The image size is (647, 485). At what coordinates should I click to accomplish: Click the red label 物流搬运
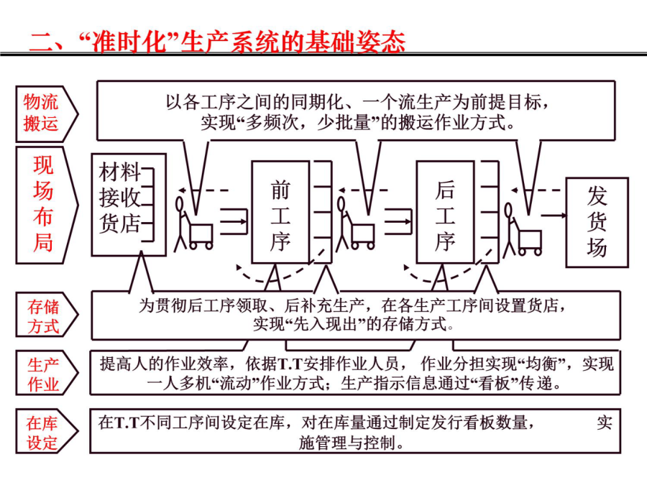[40, 113]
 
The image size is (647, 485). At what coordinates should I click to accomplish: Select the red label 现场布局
[43, 204]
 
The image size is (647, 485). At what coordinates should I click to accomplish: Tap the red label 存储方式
[43, 316]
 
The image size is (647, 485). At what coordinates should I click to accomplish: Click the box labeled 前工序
[280, 212]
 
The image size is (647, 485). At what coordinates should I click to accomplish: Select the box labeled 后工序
[445, 212]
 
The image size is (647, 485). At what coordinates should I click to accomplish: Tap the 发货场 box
[597, 223]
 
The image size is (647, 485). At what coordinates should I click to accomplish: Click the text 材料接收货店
[119, 198]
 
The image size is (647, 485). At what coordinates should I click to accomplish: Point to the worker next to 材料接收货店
[180, 223]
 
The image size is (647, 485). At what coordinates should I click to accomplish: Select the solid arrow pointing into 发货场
[554, 216]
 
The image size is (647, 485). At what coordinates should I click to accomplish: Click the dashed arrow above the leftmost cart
[203, 190]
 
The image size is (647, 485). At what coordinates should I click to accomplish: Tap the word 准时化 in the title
[129, 42]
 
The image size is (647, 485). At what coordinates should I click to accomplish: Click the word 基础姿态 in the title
[355, 42]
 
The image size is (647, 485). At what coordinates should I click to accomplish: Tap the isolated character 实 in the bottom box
[605, 422]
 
